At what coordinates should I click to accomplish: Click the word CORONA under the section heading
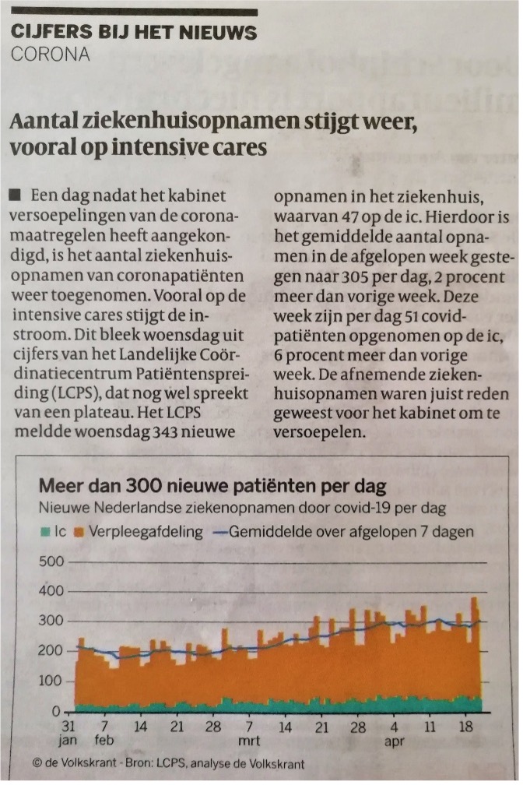51,55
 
